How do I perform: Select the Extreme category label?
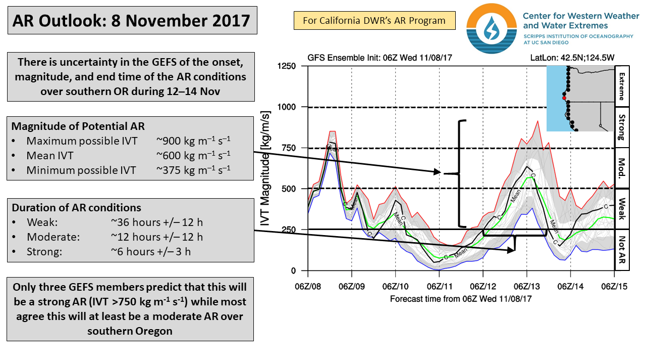[x=621, y=86]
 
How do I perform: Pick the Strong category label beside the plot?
[x=621, y=127]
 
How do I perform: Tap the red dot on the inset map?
[x=565, y=98]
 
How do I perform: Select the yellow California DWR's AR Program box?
[x=374, y=21]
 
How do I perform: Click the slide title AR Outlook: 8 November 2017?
[x=131, y=21]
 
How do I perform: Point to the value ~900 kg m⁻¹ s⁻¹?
[x=193, y=141]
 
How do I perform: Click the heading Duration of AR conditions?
[x=76, y=208]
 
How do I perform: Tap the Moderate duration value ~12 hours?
[x=156, y=237]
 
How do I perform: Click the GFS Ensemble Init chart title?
[x=380, y=58]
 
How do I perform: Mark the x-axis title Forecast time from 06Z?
[x=461, y=299]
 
